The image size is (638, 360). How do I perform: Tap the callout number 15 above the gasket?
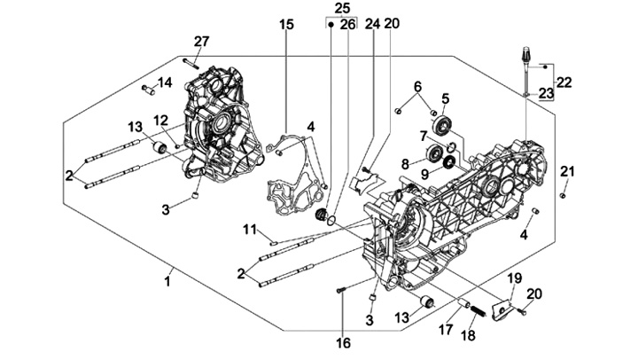click(x=286, y=24)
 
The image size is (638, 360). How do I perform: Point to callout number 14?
click(x=164, y=83)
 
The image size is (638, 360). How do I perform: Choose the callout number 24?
click(x=372, y=24)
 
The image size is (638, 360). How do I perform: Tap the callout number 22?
click(x=564, y=82)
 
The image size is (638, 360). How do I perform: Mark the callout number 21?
click(x=568, y=172)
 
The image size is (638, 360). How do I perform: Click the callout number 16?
click(x=344, y=341)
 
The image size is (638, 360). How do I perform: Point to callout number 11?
click(x=251, y=231)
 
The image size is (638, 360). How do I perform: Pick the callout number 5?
click(x=446, y=98)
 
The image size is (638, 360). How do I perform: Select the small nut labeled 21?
click(x=563, y=193)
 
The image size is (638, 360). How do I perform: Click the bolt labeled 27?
click(x=191, y=62)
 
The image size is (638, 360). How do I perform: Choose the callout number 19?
click(x=514, y=278)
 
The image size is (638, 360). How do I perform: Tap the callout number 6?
click(x=415, y=86)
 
